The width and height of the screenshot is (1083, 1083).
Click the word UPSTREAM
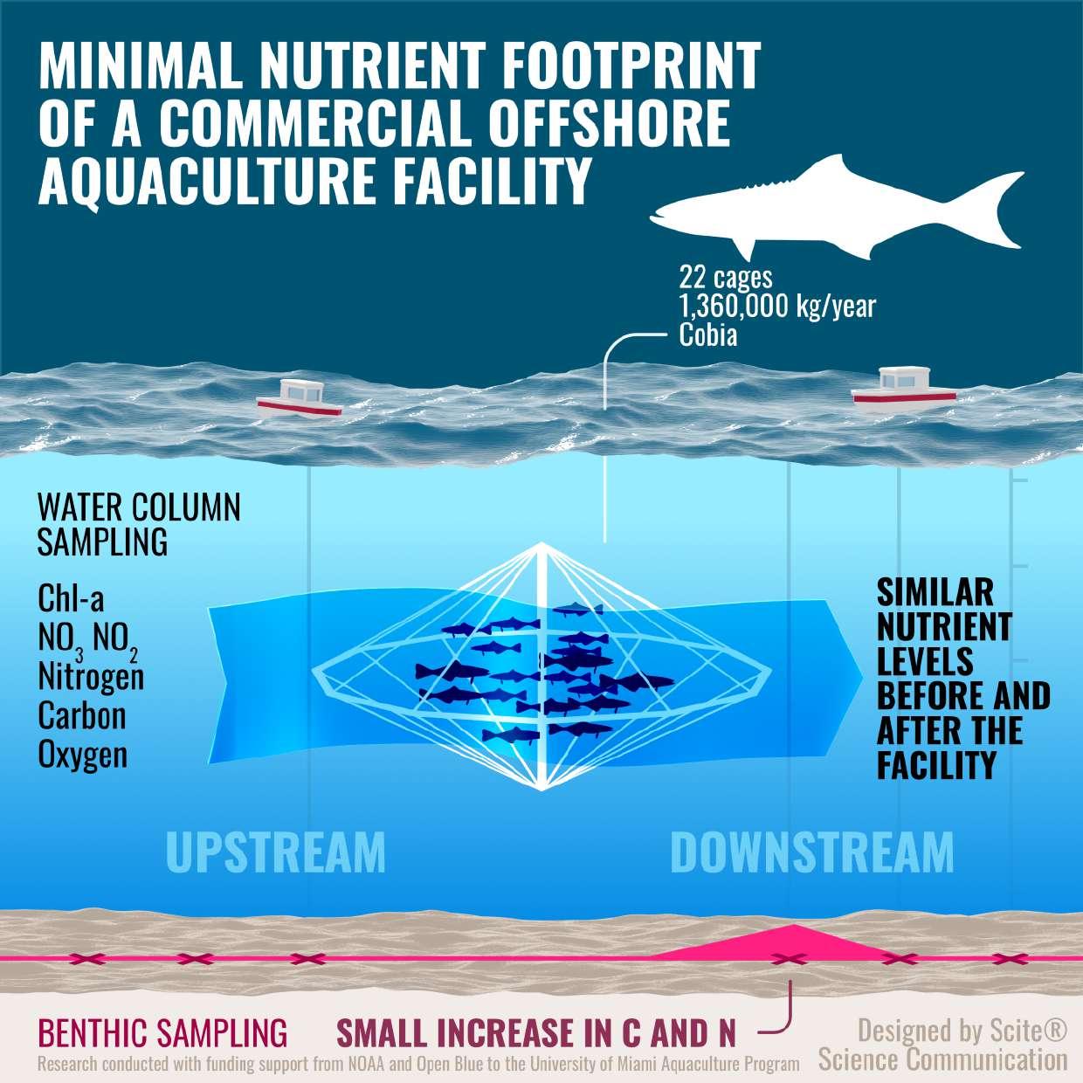pos(275,852)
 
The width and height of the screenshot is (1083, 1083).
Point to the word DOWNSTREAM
pos(811,852)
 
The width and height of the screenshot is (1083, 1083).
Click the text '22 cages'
pos(726,277)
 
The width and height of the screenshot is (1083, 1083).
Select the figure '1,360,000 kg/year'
pos(777,306)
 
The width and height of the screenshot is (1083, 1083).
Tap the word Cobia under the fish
pos(708,335)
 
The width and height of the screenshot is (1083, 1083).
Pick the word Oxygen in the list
pos(83,755)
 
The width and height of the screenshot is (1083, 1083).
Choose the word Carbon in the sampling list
pos(82,715)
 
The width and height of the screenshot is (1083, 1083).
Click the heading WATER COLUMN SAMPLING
pos(138,524)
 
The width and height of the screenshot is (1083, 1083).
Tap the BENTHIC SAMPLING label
pos(162,1033)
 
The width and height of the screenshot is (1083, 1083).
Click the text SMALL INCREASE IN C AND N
pos(536,1033)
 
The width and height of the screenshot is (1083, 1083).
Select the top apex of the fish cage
pos(541,546)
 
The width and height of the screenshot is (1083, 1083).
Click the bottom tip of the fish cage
pos(541,789)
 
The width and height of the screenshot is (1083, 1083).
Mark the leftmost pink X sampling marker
pos(88,959)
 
